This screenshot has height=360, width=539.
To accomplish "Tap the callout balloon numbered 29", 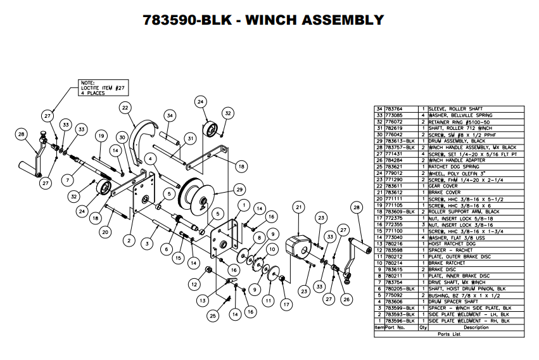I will tap(239, 190).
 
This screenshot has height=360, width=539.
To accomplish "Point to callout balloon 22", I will tap(125, 108).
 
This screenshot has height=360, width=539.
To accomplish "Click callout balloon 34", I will tap(169, 115).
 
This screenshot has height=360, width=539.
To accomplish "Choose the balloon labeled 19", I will tap(100, 136).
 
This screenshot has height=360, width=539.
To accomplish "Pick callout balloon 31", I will tap(189, 139).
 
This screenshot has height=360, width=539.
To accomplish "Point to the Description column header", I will tap(476, 328).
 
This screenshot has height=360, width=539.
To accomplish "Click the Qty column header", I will tap(422, 328).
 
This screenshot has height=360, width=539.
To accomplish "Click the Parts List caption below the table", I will tap(449, 333).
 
